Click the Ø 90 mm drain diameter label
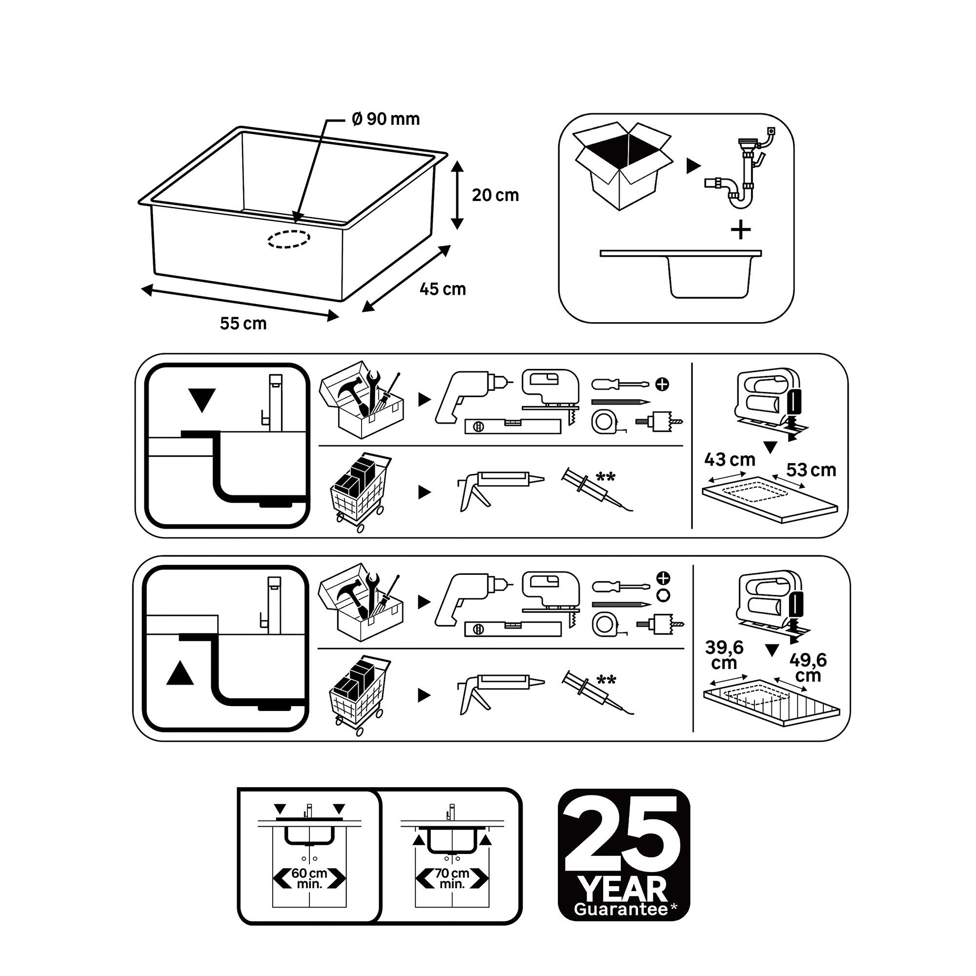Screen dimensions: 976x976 (386, 119)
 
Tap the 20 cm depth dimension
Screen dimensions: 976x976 (495, 195)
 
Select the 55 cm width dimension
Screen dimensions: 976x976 (243, 324)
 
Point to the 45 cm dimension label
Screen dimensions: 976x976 (443, 289)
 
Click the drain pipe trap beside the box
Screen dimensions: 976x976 (740, 166)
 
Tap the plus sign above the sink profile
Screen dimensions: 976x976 (741, 230)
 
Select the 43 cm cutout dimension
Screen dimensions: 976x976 (730, 460)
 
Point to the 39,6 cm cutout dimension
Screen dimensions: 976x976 (724, 655)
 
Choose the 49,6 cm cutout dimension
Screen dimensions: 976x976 (808, 667)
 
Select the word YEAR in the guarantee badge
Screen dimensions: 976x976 (622, 891)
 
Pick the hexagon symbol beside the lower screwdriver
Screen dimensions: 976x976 (664, 593)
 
